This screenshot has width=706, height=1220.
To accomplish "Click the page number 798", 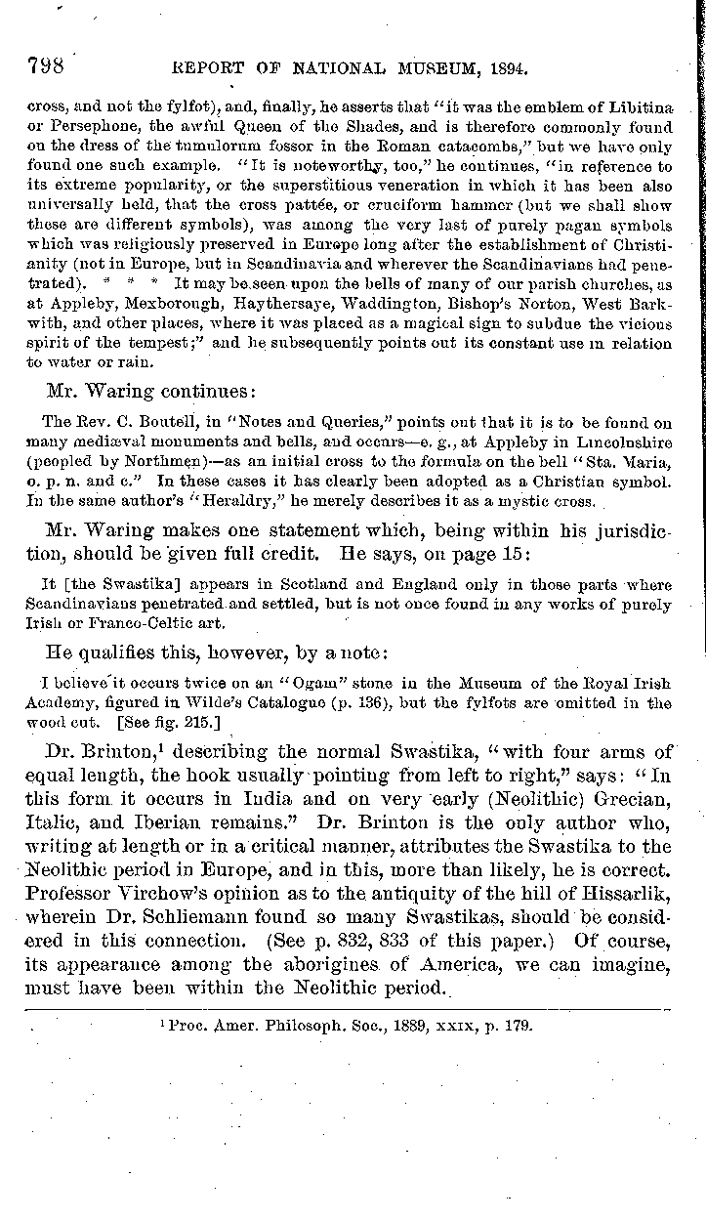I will point(45,66).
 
